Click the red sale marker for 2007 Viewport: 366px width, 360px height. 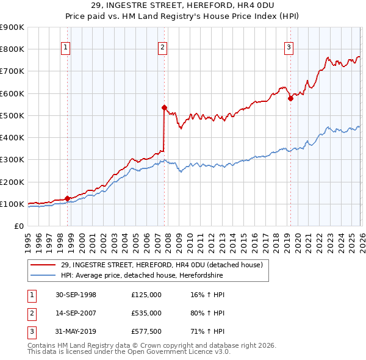164,107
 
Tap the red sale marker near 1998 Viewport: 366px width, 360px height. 67,198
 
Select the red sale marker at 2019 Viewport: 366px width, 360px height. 290,98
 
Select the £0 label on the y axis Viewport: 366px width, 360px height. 18,226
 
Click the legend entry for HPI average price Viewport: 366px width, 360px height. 142,276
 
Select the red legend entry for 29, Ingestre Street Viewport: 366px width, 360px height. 161,265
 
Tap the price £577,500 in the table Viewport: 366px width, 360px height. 146,331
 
